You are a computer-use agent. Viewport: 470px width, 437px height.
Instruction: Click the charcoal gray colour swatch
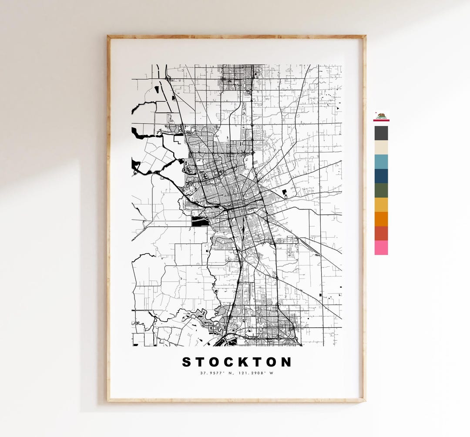click(x=381, y=133)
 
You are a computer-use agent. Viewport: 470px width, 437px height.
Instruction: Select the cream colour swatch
click(x=381, y=148)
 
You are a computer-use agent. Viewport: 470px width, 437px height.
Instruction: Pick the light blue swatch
click(x=381, y=161)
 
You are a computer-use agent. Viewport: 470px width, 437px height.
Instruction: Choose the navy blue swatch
click(x=381, y=176)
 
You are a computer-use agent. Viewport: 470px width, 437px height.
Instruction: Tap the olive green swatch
click(x=381, y=190)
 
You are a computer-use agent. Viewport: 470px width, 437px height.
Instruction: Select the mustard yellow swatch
click(x=381, y=205)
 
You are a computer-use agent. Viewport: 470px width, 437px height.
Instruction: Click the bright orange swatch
click(x=381, y=219)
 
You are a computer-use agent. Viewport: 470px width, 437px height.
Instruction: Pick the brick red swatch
click(x=381, y=233)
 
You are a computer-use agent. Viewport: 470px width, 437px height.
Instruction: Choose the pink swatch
click(x=381, y=248)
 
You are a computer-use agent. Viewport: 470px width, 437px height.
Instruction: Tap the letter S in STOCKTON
click(x=187, y=362)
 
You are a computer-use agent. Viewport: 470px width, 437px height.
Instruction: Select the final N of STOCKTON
click(x=286, y=362)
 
